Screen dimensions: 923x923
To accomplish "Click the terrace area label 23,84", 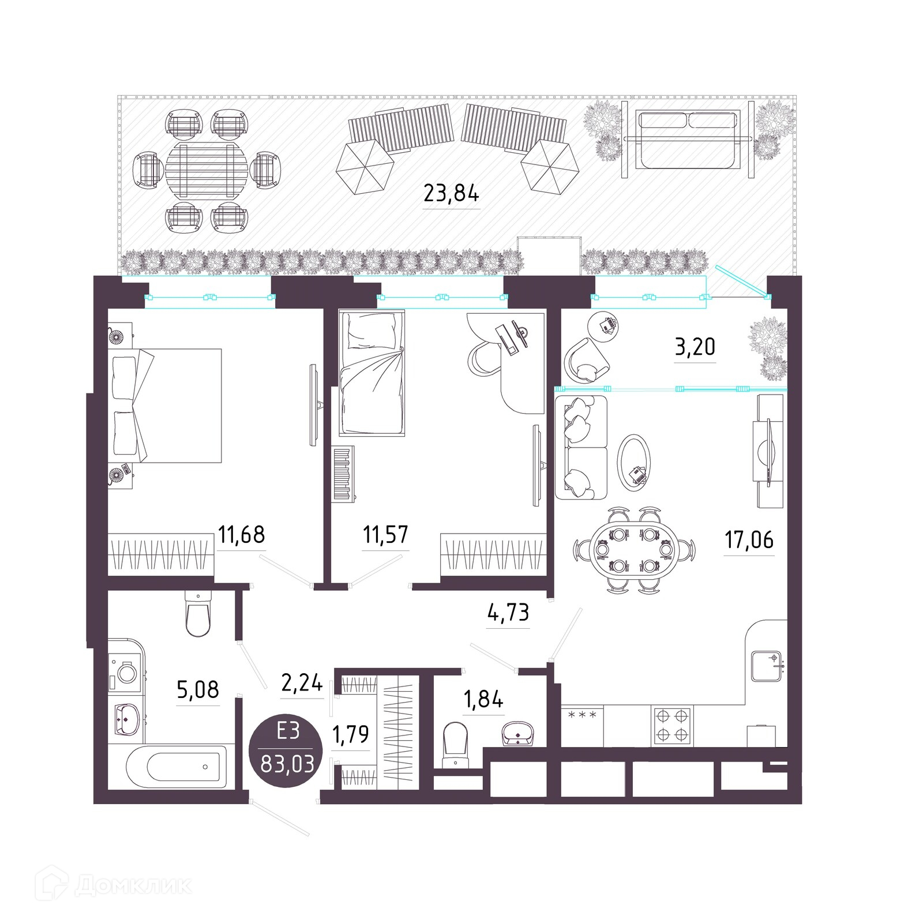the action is tap(451, 193).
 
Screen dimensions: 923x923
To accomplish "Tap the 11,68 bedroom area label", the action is tap(242, 534).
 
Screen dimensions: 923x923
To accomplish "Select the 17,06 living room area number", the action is tap(749, 539).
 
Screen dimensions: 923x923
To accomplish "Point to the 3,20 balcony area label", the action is tap(695, 346).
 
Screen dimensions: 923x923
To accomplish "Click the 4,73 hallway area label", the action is tap(508, 611).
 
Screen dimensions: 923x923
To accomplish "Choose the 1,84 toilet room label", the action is tap(483, 699).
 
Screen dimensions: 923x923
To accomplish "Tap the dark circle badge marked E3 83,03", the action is tap(287, 748).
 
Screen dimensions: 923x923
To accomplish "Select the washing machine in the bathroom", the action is tap(125, 672).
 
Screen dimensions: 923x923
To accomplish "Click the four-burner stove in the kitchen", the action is tap(673, 726).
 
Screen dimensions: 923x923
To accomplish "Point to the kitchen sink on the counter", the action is tap(767, 666).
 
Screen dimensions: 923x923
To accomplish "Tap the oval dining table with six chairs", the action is tap(635, 550).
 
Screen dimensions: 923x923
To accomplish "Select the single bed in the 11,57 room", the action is tap(372, 372).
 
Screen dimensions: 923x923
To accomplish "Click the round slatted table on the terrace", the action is tap(207, 170).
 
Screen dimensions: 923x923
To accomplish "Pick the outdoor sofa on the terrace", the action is tap(687, 140).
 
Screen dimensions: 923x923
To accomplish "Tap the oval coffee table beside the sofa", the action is tap(633, 463).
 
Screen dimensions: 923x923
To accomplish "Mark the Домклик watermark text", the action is tap(133, 886).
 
